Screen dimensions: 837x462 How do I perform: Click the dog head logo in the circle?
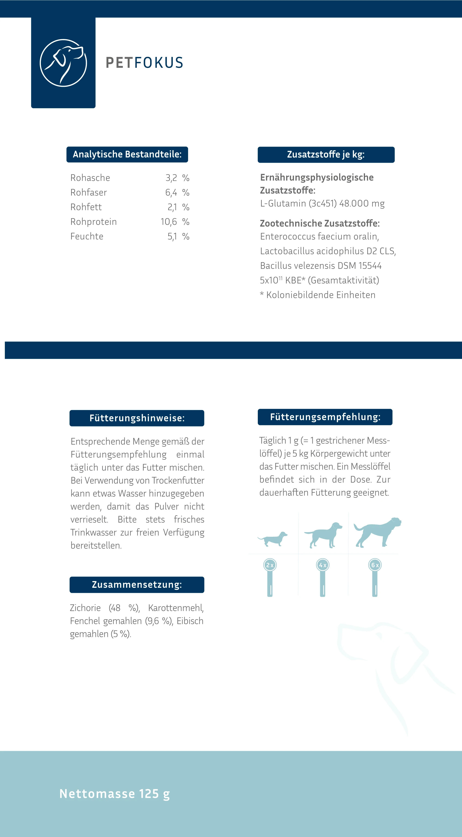[x=64, y=63]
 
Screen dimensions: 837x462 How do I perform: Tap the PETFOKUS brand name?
[x=144, y=63]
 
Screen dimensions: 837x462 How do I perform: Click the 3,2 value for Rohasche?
[x=171, y=178]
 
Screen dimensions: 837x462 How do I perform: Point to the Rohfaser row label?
[x=88, y=193]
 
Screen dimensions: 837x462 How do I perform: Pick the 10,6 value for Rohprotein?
[x=169, y=222]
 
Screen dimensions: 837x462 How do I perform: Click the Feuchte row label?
[x=87, y=237]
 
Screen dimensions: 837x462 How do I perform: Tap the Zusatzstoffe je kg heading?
[x=326, y=155]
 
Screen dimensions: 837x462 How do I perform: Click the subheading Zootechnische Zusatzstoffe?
[x=319, y=224]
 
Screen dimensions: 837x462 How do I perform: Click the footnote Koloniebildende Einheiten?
[x=320, y=295]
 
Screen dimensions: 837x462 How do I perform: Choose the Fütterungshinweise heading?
[x=137, y=418]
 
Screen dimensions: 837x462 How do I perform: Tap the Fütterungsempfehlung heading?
[x=325, y=417]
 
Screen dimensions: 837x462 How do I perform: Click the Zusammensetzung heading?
[x=137, y=585]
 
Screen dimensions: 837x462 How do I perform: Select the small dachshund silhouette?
[x=273, y=539]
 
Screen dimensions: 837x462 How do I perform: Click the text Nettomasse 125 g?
[x=115, y=794]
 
